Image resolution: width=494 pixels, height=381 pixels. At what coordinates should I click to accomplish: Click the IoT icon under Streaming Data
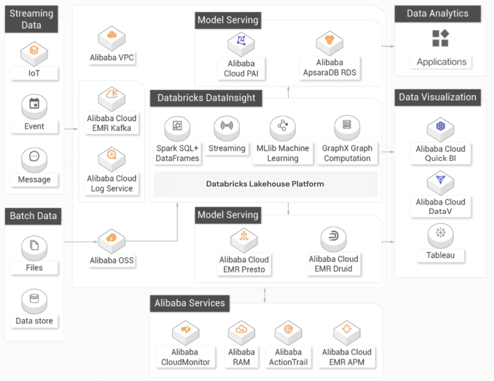(x=34, y=51)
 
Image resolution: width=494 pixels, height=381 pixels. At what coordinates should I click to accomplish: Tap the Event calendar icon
(x=34, y=104)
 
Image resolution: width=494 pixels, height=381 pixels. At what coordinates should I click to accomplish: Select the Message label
(x=34, y=179)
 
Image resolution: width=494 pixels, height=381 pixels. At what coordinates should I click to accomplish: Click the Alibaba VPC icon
(x=112, y=35)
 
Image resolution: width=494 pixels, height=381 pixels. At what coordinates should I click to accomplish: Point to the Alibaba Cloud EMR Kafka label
(x=112, y=123)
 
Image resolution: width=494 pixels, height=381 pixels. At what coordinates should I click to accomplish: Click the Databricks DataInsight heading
(x=206, y=98)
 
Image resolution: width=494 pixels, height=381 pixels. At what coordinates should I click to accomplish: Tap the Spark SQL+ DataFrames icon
(x=178, y=126)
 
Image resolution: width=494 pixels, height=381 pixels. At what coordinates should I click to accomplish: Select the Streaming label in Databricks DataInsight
(x=227, y=148)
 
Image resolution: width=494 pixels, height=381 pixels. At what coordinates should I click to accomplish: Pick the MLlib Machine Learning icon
(x=282, y=126)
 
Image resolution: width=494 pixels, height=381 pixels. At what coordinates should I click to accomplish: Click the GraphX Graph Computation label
(x=347, y=153)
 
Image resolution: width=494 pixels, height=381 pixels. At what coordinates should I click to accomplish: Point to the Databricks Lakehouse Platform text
(x=265, y=184)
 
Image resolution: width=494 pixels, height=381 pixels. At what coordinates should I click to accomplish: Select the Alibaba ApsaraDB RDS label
(x=330, y=68)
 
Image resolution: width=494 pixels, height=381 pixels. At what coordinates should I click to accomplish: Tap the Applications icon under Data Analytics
(x=440, y=38)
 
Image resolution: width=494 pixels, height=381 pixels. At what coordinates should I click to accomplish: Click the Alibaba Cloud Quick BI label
(x=440, y=153)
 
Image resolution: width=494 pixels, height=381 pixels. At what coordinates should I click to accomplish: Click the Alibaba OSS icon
(x=112, y=238)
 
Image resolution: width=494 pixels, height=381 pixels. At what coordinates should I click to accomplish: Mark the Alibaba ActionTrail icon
(x=288, y=330)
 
